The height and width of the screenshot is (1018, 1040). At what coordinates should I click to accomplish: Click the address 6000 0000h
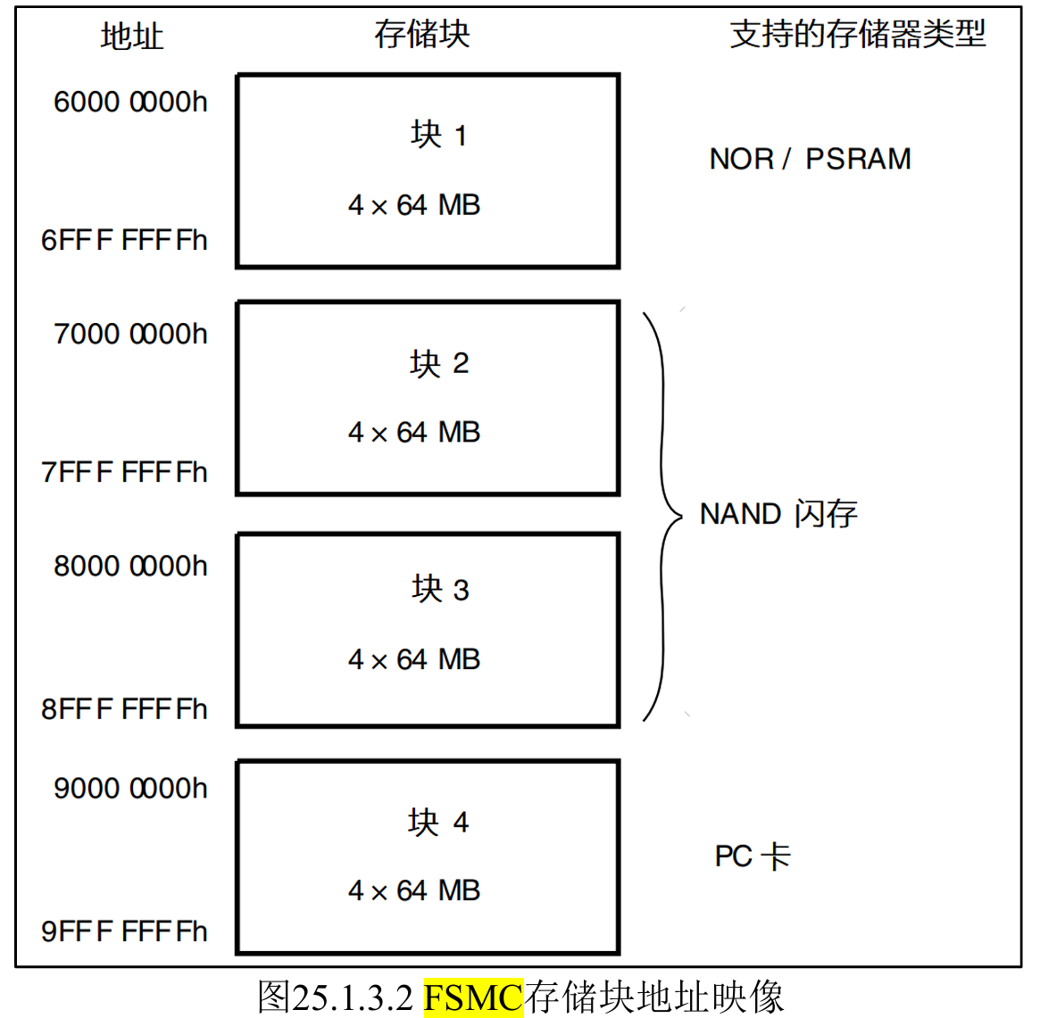click(x=130, y=103)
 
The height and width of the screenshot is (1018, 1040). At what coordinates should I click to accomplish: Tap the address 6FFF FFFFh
click(x=124, y=241)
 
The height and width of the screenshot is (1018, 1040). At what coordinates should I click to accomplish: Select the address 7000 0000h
click(x=130, y=335)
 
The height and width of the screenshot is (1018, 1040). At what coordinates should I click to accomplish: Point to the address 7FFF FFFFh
click(x=124, y=473)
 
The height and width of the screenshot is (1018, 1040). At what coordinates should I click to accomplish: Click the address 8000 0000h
click(x=130, y=567)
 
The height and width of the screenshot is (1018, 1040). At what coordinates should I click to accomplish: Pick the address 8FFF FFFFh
click(x=124, y=709)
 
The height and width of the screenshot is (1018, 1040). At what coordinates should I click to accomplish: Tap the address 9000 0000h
click(x=130, y=789)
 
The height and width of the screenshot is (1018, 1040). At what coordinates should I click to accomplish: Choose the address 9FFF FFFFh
click(x=124, y=931)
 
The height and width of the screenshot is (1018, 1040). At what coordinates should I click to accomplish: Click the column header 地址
click(x=132, y=37)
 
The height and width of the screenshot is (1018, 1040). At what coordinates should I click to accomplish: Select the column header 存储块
click(x=421, y=35)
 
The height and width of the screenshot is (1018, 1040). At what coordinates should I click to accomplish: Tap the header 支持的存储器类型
click(x=857, y=35)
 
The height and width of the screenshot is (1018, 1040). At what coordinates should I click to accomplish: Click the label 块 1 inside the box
click(x=438, y=135)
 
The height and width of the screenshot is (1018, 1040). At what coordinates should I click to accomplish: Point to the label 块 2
click(x=438, y=363)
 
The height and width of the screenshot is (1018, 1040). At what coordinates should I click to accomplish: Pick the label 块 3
click(x=439, y=589)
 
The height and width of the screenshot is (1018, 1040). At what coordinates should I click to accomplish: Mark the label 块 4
click(x=437, y=822)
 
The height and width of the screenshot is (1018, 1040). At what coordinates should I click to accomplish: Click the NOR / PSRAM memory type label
click(x=810, y=160)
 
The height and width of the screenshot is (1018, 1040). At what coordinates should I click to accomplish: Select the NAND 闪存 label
click(x=778, y=514)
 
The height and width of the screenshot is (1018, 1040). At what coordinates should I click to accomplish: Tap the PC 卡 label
click(x=752, y=857)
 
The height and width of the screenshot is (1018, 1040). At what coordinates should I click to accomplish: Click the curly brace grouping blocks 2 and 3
click(x=662, y=516)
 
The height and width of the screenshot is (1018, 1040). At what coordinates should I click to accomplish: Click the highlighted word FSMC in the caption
click(x=472, y=997)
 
